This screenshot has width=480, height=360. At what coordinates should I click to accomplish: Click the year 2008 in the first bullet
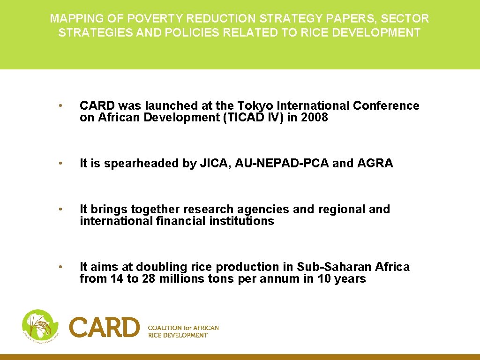[315, 118]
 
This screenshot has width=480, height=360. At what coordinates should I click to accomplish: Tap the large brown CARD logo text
[105, 327]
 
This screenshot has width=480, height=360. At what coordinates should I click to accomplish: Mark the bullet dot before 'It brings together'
[60, 210]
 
